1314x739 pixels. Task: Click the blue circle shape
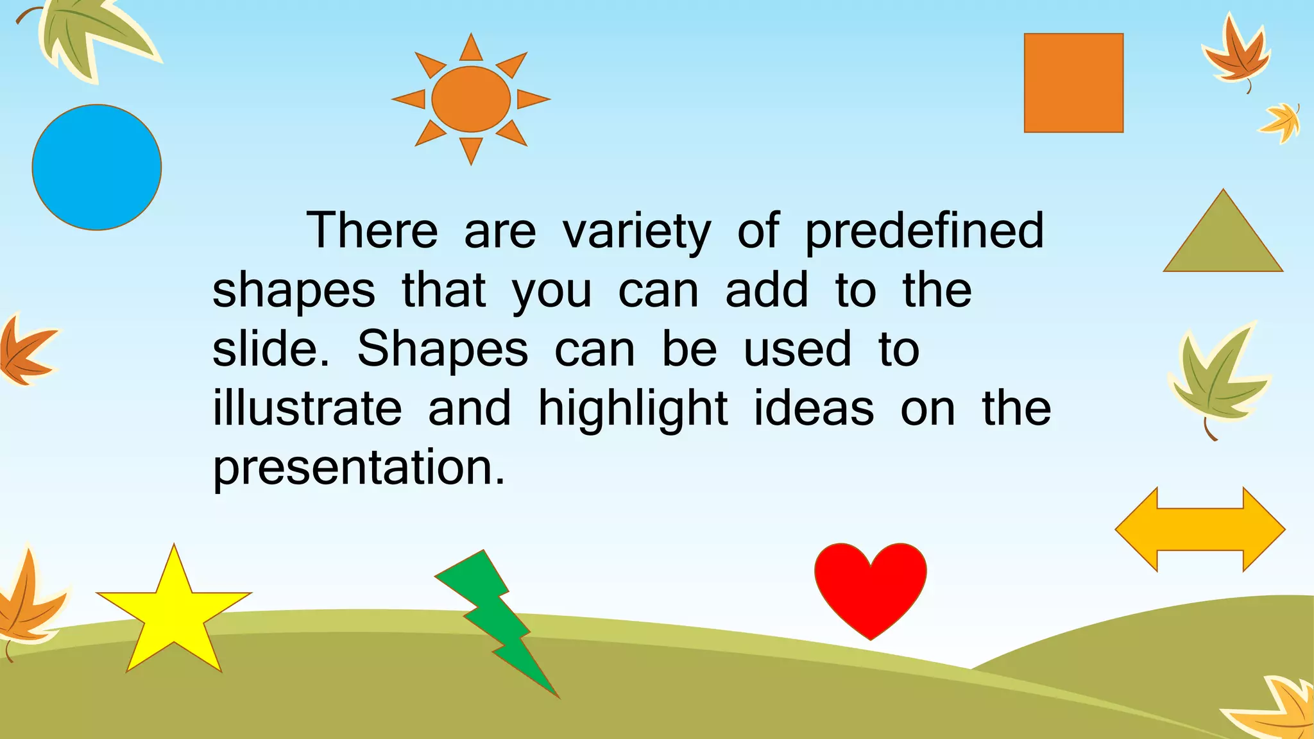pyautogui.click(x=96, y=167)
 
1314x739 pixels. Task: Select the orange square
pyautogui.click(x=1073, y=83)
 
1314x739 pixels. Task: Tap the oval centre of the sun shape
pyautogui.click(x=471, y=99)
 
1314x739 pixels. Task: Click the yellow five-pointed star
pyautogui.click(x=173, y=616)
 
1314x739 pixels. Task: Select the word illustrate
pyautogui.click(x=307, y=409)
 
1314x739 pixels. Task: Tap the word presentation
pyautogui.click(x=359, y=468)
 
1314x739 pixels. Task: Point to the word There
pyautogui.click(x=372, y=230)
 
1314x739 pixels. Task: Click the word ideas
pyautogui.click(x=814, y=409)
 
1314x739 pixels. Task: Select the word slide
pyautogui.click(x=270, y=350)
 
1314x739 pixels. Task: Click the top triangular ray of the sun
pyautogui.click(x=471, y=49)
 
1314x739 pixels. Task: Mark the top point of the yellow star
pyautogui.click(x=174, y=553)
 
